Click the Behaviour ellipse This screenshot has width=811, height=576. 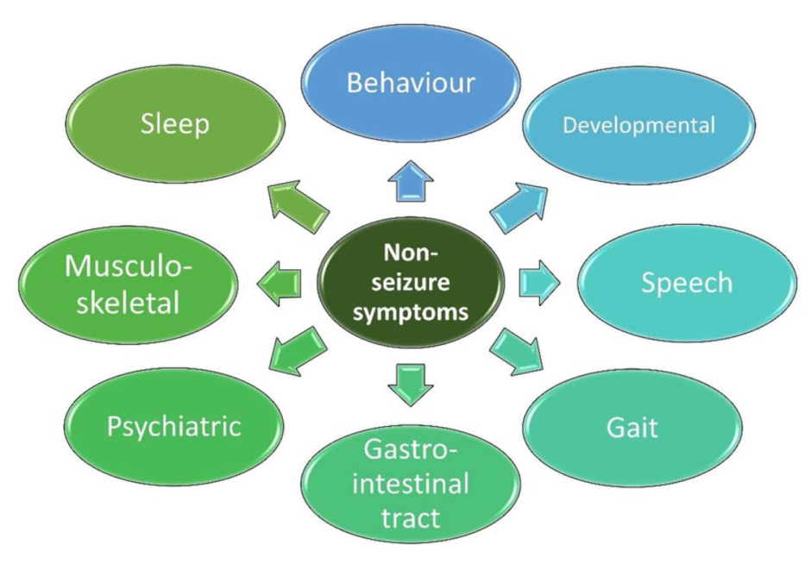point(410,83)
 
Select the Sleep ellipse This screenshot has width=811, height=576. point(176,123)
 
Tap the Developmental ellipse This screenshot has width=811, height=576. point(638,125)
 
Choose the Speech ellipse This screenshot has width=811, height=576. point(686,283)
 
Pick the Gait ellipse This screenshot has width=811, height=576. point(632,426)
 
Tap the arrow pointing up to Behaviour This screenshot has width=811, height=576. point(410,184)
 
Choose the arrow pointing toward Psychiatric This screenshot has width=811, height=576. point(299,348)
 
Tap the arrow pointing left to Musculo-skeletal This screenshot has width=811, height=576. point(281,284)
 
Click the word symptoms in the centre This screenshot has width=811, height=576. point(411,311)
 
